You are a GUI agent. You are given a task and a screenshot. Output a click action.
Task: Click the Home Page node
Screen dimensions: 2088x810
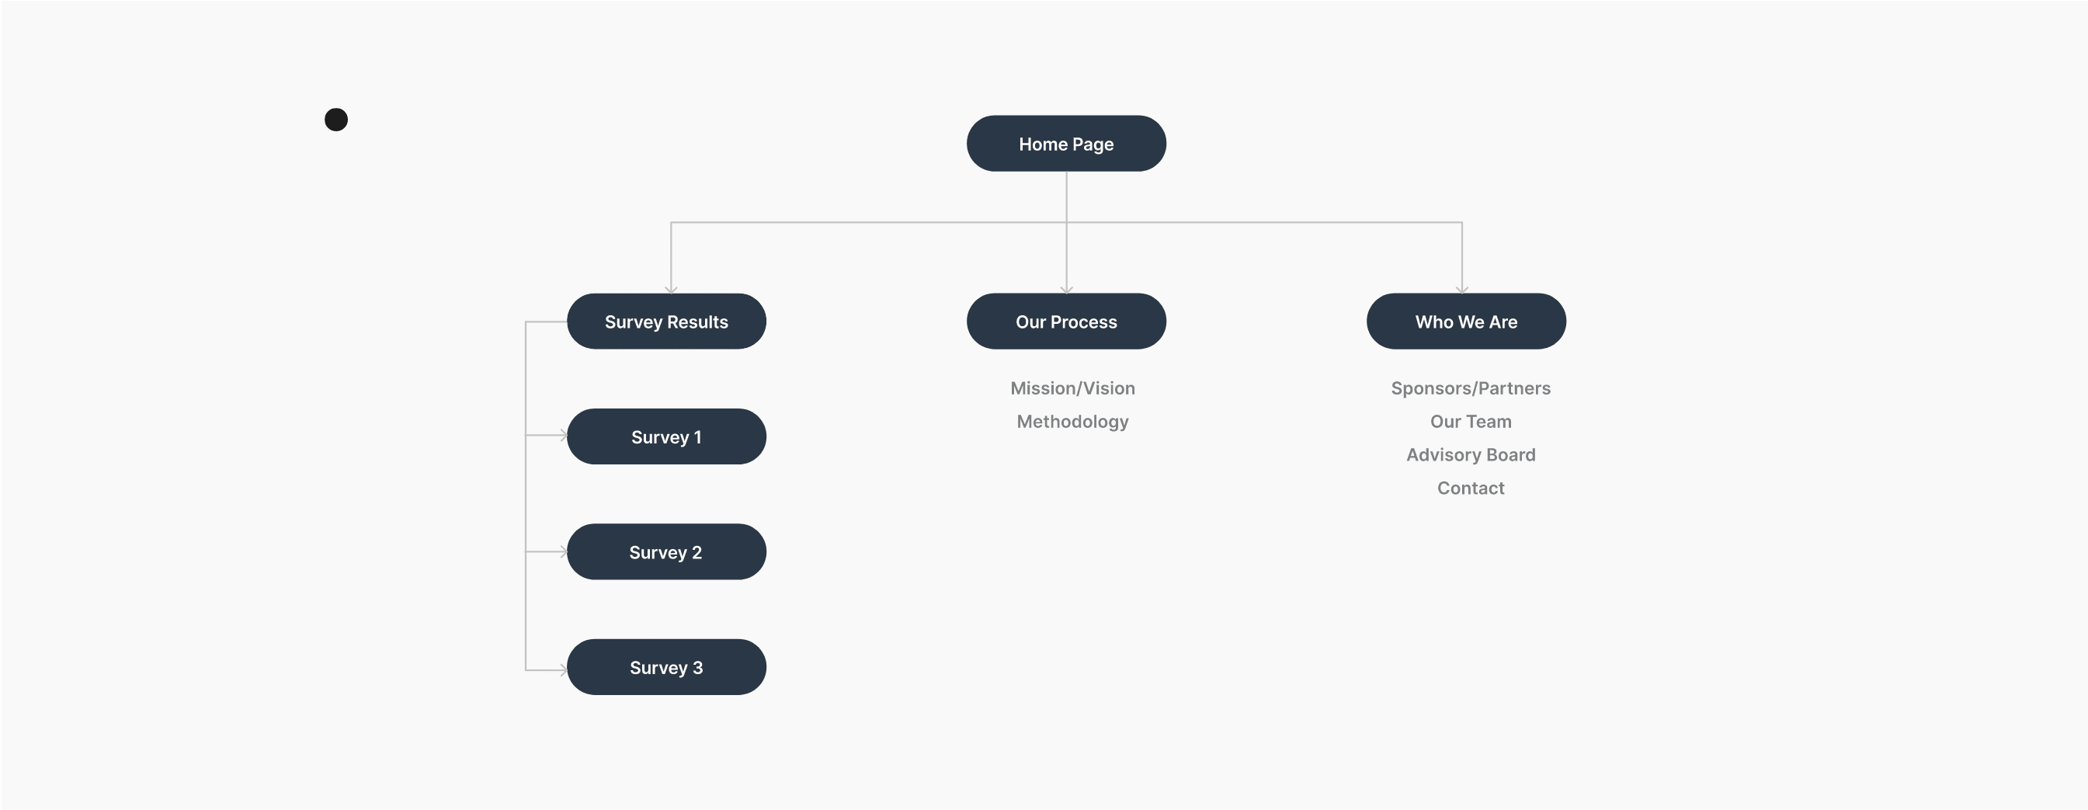(1066, 144)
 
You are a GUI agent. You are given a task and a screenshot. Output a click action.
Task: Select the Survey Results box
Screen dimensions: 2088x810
(666, 321)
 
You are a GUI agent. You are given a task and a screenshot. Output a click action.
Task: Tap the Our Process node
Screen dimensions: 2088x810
(1066, 321)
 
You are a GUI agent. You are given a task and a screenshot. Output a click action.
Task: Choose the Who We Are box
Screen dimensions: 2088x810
(1466, 321)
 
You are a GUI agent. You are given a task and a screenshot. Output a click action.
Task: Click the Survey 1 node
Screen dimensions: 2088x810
(666, 436)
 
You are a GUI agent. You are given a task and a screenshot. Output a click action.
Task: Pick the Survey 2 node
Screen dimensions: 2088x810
(666, 551)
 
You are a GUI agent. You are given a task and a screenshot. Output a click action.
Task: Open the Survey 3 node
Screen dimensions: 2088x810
(666, 666)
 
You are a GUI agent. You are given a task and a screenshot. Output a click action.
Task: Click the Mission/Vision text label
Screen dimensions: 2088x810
(1072, 388)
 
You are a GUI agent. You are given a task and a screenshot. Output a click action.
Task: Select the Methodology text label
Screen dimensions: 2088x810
(1072, 422)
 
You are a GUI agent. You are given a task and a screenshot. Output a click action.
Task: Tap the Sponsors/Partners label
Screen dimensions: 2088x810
(1471, 388)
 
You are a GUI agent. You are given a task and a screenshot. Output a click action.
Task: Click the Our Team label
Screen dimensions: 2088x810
(1471, 422)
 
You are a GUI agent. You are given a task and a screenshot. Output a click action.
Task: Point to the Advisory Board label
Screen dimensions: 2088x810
(1471, 455)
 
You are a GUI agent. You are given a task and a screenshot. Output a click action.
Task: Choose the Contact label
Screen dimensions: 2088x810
(1471, 488)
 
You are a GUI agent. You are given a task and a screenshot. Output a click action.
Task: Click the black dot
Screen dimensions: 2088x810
(336, 119)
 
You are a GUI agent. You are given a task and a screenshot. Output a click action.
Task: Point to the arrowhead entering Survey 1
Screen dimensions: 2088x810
(563, 436)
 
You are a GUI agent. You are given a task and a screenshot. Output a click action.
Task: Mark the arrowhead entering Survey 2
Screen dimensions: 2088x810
(563, 551)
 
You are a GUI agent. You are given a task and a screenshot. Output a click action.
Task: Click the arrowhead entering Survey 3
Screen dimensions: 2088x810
(563, 669)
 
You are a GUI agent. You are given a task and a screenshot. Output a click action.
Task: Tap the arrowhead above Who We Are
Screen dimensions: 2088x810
(1461, 290)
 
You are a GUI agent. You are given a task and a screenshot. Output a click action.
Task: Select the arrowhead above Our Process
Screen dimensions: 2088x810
(1066, 290)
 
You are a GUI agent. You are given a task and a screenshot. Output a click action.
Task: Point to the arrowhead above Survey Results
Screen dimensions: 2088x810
(671, 290)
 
